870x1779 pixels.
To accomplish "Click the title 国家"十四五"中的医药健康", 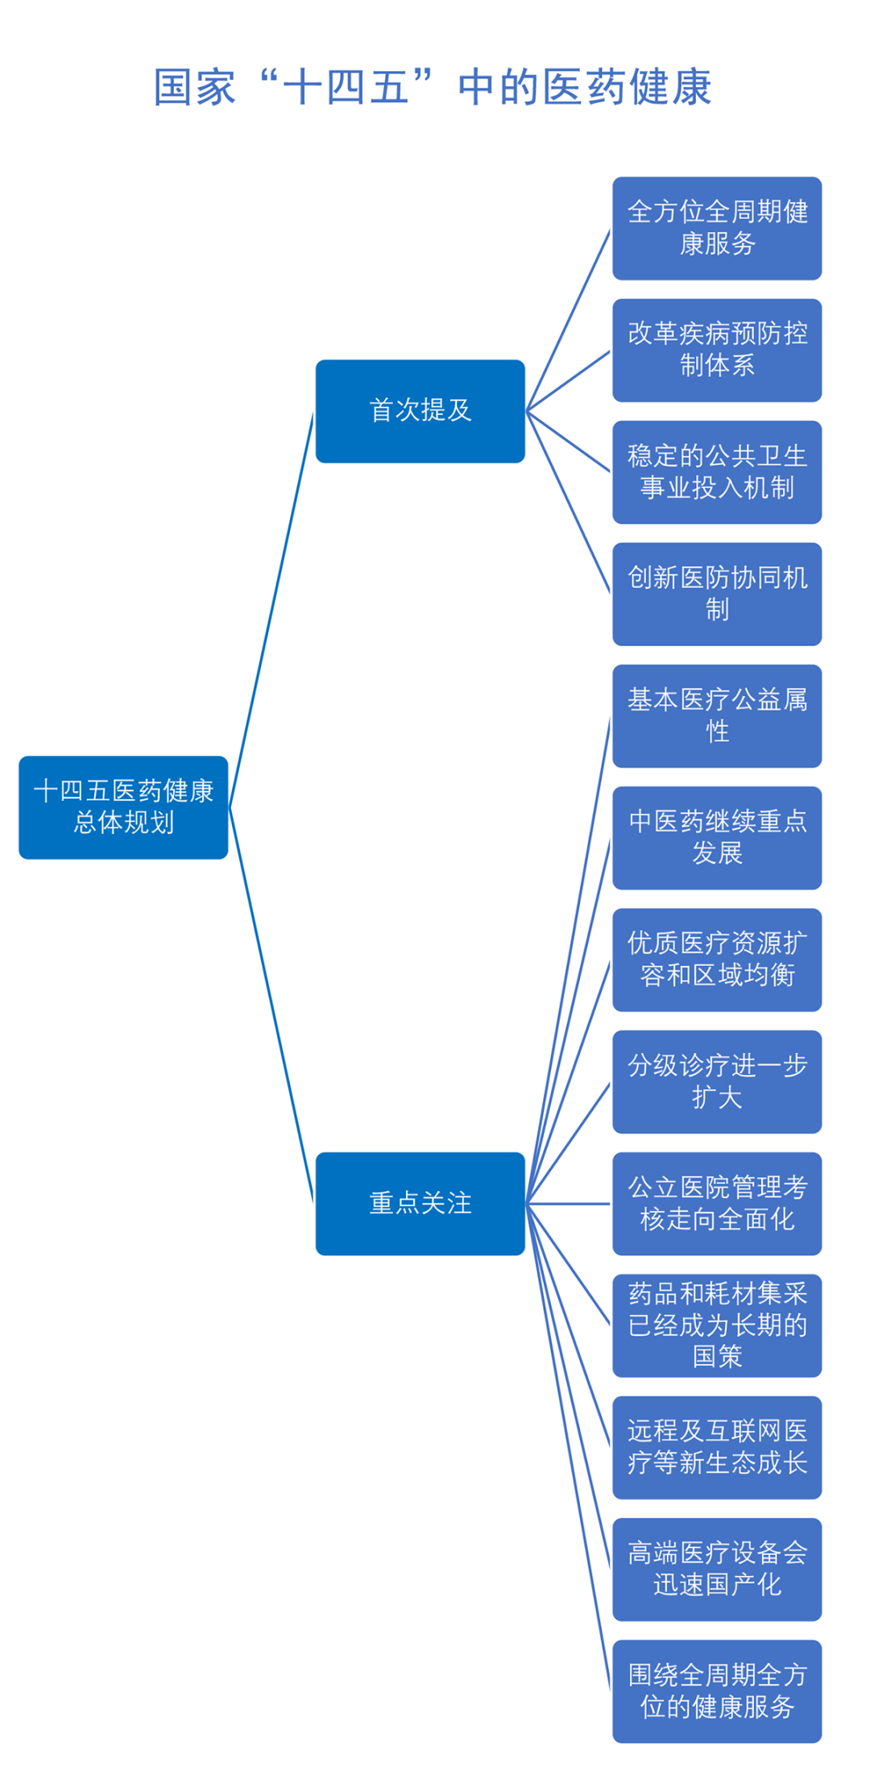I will [x=433, y=87].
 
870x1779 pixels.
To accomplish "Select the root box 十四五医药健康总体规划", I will [x=123, y=807].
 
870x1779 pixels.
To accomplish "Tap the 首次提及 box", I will [x=420, y=411].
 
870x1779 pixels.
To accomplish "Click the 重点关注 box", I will [x=420, y=1203].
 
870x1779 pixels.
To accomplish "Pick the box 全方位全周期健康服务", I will [x=717, y=228].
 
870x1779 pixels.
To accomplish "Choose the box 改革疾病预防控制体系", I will [x=717, y=350].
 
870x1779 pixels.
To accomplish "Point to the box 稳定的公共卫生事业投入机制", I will [x=717, y=472].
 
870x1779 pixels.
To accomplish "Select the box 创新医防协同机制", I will [x=717, y=594].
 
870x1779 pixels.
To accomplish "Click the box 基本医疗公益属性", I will [x=717, y=715].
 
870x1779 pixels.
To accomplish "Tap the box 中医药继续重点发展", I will [x=717, y=838].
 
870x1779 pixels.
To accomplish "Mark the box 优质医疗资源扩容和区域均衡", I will [x=717, y=960].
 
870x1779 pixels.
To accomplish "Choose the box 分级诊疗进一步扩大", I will [x=717, y=1081].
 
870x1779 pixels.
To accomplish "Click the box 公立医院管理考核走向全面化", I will [x=717, y=1203].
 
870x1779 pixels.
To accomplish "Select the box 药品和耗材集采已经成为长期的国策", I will [x=717, y=1325].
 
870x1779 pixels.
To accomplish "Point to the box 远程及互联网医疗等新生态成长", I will [x=717, y=1447].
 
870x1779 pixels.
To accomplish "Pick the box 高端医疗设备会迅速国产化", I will [x=717, y=1569].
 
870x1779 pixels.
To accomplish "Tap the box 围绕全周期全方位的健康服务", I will [x=717, y=1691].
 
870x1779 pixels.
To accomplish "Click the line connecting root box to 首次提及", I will [x=271, y=610].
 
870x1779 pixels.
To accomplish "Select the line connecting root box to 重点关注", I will [x=271, y=1005].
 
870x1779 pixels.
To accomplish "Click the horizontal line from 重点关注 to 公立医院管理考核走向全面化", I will [x=569, y=1204].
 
